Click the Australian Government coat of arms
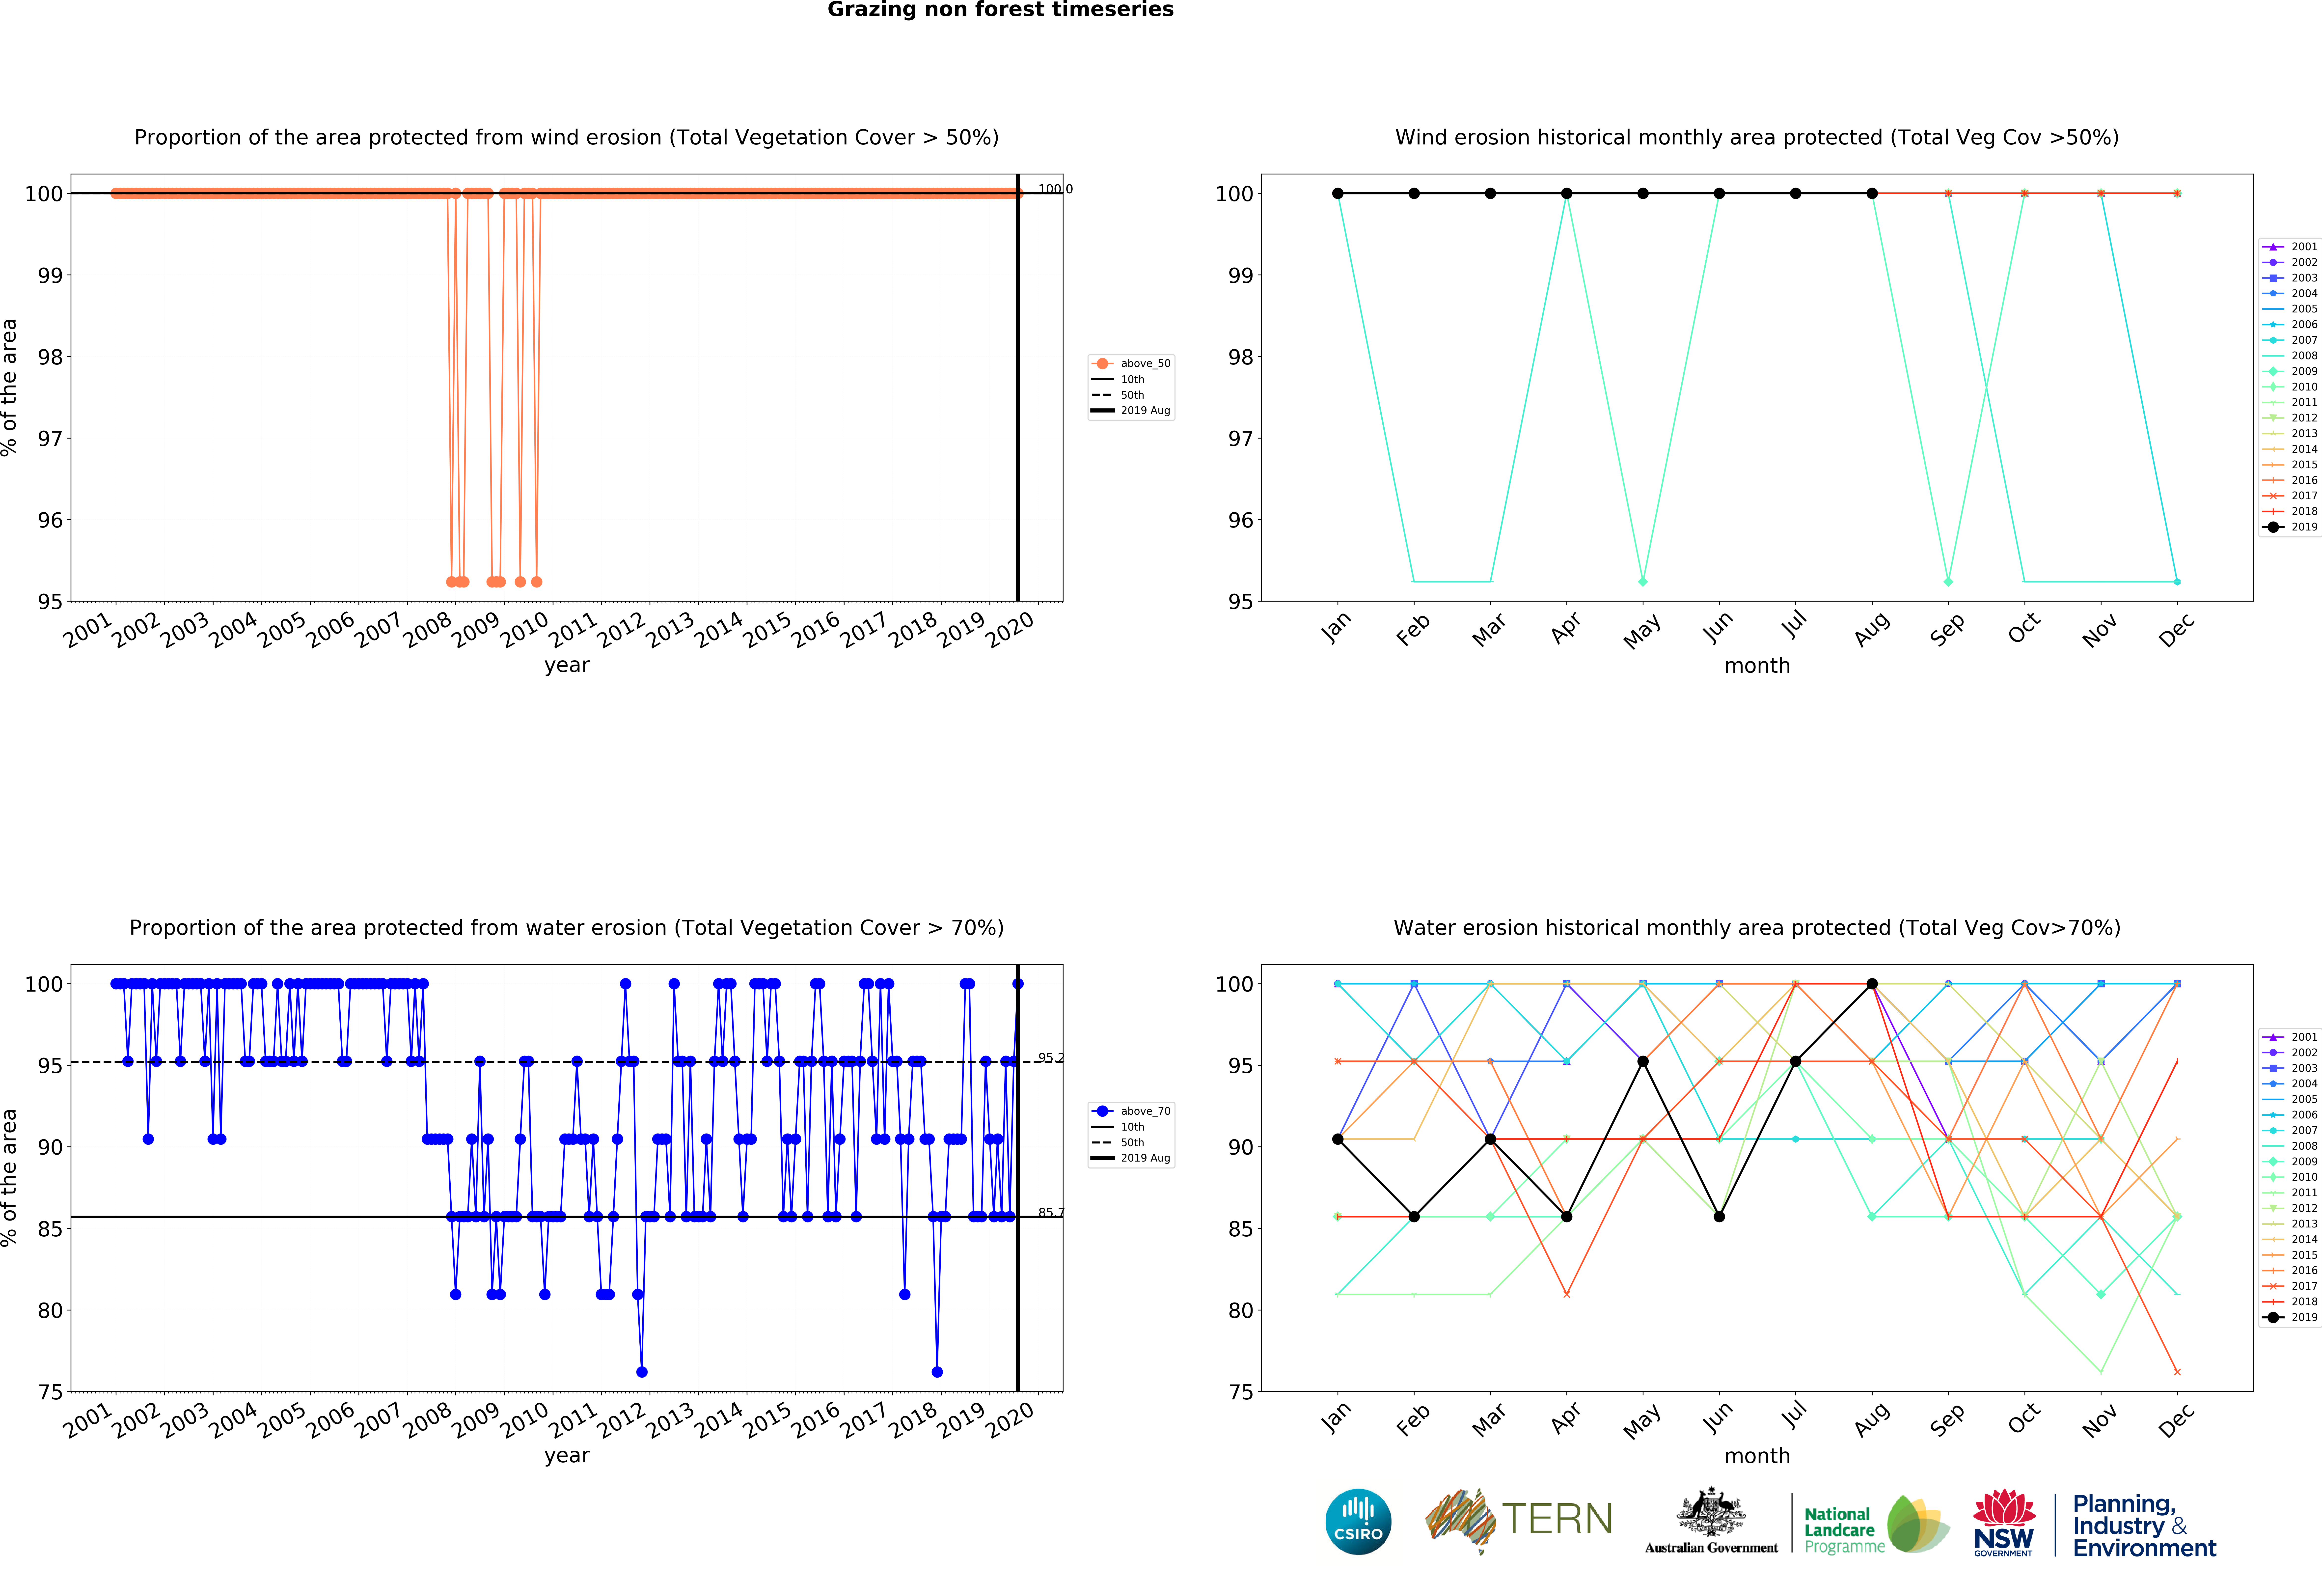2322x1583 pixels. (1712, 1512)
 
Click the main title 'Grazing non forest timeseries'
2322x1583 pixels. (1000, 10)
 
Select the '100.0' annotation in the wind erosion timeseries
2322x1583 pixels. (1054, 189)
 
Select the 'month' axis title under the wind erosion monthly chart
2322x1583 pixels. (1756, 666)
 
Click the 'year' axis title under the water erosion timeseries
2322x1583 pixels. (567, 1455)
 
